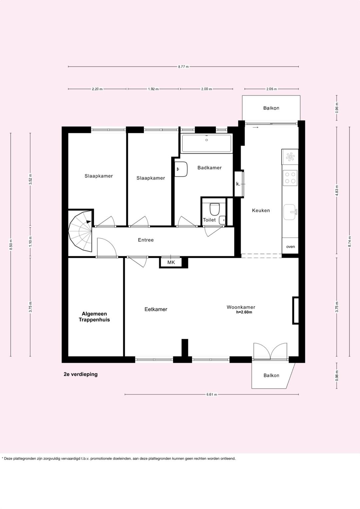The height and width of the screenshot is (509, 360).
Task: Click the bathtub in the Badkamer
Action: pos(206,143)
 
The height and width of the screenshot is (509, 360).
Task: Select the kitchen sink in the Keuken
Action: pos(290,212)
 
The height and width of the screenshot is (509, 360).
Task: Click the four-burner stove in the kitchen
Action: pos(290,177)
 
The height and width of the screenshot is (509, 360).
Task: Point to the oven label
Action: pos(290,247)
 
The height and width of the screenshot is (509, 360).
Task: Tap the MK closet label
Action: pos(171,263)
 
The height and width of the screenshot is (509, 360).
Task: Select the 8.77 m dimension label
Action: pos(183,67)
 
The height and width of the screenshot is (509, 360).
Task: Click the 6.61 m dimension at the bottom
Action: pos(212,394)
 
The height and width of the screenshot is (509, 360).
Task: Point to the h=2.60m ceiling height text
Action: pos(244,312)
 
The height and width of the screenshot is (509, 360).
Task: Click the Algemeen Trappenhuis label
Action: pos(94,317)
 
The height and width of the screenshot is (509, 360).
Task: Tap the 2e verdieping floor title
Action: pos(81,374)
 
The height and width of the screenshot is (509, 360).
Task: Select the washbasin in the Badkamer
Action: pos(182,169)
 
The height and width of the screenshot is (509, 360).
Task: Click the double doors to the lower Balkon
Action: pos(270,352)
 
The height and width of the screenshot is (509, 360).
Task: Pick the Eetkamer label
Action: pos(156,309)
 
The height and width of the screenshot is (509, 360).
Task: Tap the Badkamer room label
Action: pos(209,168)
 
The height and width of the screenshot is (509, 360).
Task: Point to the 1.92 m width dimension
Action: pos(153,89)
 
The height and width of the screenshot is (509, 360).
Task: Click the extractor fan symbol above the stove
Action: pos(290,157)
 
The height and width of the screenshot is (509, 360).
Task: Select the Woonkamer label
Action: pos(241,307)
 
